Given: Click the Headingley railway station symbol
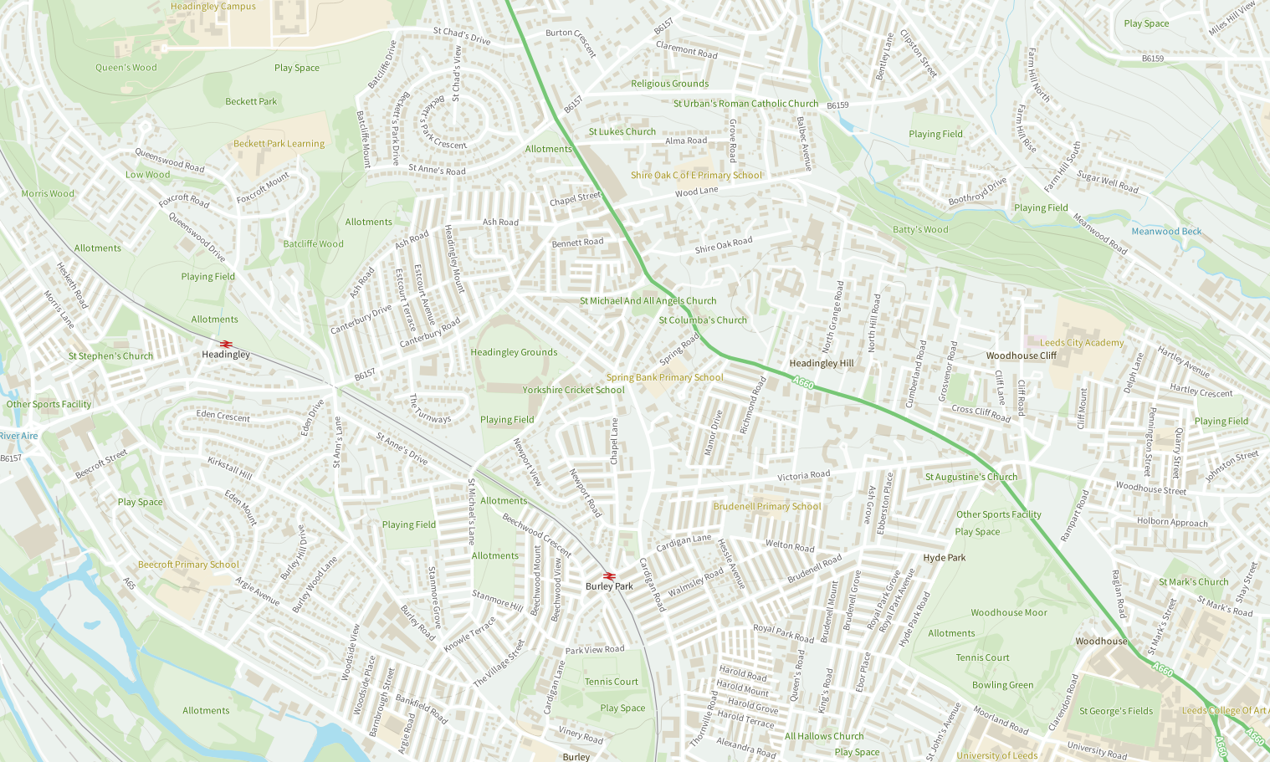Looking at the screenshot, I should click(225, 344).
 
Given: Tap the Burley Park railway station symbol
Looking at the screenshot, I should click(609, 575).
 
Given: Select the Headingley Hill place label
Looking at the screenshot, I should click(822, 363).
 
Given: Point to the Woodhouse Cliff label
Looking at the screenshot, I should click(1021, 355).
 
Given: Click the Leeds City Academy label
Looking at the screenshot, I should click(1082, 343).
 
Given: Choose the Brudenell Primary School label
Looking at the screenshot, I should click(767, 506).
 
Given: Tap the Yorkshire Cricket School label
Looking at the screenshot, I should click(573, 390).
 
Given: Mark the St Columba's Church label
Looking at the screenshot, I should click(703, 320).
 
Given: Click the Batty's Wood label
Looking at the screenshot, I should click(920, 229).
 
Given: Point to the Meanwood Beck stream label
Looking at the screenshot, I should click(1166, 232).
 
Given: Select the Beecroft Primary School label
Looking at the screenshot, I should click(188, 565).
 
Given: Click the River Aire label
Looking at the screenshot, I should click(19, 436).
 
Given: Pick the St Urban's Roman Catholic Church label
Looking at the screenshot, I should click(745, 104).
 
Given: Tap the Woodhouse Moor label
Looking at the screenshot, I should click(1009, 612).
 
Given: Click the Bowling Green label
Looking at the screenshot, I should click(1002, 685).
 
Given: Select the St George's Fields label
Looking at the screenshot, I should click(1116, 711).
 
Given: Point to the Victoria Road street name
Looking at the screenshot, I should click(803, 475).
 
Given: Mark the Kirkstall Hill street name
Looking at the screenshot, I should click(230, 468).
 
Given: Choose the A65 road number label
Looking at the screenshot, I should click(130, 584).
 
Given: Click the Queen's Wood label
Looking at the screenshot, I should click(125, 68).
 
